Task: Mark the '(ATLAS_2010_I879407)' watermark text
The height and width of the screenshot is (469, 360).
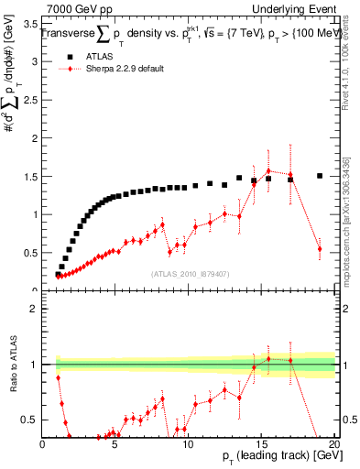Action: click(189, 274)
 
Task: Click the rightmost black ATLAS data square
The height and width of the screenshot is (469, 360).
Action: click(320, 176)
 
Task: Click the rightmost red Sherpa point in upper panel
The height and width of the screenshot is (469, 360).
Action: click(320, 248)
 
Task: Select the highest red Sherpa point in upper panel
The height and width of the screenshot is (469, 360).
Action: click(268, 170)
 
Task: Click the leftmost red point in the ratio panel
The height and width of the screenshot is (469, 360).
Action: click(58, 377)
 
